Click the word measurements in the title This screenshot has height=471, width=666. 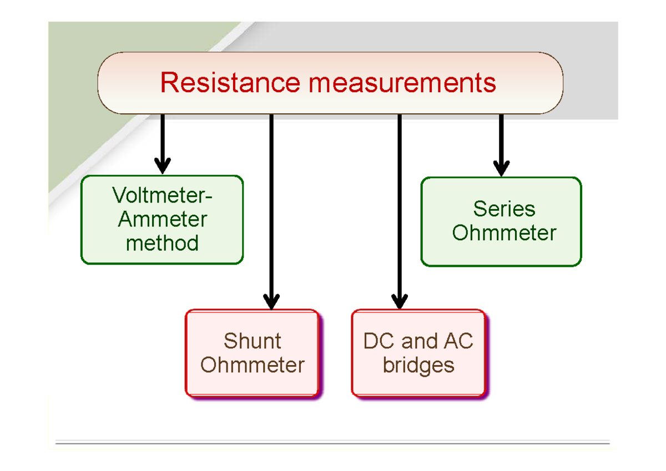pyautogui.click(x=402, y=83)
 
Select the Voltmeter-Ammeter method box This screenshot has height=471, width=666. pyautogui.click(x=162, y=220)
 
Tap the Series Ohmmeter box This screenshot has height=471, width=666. pyautogui.click(x=501, y=221)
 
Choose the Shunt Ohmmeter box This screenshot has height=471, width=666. pyautogui.click(x=253, y=353)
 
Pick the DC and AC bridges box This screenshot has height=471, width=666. pyautogui.click(x=419, y=353)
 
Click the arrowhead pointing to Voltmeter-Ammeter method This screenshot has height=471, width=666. pyautogui.click(x=162, y=165)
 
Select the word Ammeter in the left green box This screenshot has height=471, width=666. pyautogui.click(x=162, y=220)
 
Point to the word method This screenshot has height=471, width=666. pyautogui.click(x=162, y=243)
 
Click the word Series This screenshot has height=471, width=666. pyautogui.click(x=504, y=209)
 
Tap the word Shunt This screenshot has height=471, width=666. pyautogui.click(x=253, y=341)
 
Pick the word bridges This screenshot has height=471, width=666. pyautogui.click(x=418, y=366)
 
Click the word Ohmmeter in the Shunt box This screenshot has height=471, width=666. pyautogui.click(x=253, y=366)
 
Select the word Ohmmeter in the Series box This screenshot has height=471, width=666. pyautogui.click(x=504, y=233)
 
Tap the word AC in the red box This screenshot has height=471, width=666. pyautogui.click(x=458, y=341)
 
